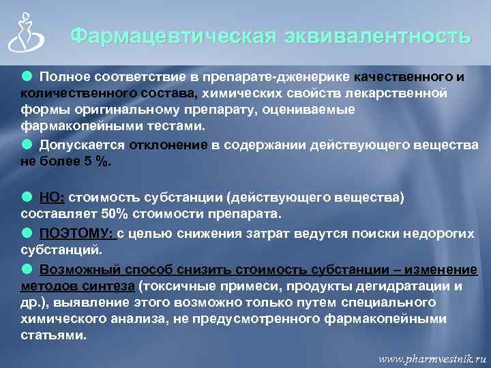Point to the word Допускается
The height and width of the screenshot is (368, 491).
82,145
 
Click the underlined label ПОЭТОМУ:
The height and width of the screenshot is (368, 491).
76,233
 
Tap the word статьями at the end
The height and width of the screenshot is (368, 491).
53,335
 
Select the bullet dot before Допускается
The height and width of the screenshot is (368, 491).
26,144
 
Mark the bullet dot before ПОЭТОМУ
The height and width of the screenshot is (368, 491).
26,232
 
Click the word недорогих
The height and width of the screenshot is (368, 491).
435,233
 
